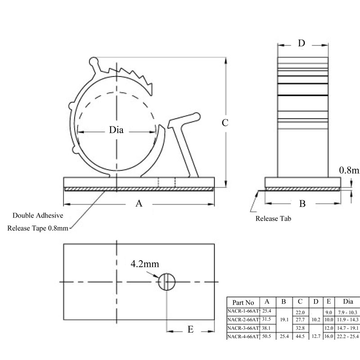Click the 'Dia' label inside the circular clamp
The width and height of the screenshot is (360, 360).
(116, 130)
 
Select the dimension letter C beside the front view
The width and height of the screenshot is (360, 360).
(225, 122)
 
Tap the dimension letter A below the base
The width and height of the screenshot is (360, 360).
(139, 204)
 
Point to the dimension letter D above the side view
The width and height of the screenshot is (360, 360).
(301, 43)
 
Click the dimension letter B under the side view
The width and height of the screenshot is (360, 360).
(303, 204)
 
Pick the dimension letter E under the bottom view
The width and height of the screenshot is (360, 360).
(190, 330)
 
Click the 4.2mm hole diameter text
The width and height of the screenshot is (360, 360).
(145, 263)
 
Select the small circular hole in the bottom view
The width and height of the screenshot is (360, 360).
(166, 282)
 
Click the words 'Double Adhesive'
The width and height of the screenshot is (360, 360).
(38, 216)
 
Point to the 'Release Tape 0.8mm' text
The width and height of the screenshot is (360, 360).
(38, 228)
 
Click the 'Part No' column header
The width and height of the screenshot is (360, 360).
(243, 302)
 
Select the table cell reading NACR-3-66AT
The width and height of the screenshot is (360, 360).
(243, 328)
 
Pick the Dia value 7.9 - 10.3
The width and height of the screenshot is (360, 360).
(347, 312)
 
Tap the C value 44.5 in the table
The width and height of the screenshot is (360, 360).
(300, 336)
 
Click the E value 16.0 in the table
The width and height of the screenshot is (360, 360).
(328, 336)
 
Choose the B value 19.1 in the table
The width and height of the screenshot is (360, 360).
(283, 319)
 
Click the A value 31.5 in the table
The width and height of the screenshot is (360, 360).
(267, 319)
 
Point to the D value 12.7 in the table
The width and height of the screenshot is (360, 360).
(316, 336)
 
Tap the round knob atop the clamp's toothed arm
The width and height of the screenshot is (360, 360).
(94, 61)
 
